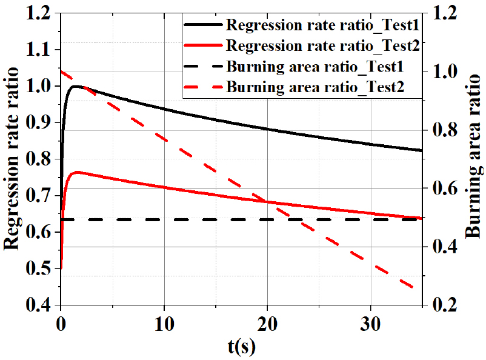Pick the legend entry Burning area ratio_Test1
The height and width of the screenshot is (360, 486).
[x=316, y=66]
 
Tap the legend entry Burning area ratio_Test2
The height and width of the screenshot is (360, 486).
[x=316, y=86]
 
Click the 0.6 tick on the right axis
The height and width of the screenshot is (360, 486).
[x=445, y=188]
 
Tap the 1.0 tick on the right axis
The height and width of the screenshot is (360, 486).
[x=445, y=72]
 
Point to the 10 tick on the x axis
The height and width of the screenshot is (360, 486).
[x=164, y=322]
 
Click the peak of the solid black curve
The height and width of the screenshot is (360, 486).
[x=76, y=86]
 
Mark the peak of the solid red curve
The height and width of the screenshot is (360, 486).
[x=76, y=172]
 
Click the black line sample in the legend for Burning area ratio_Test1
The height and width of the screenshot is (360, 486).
[x=203, y=66]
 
